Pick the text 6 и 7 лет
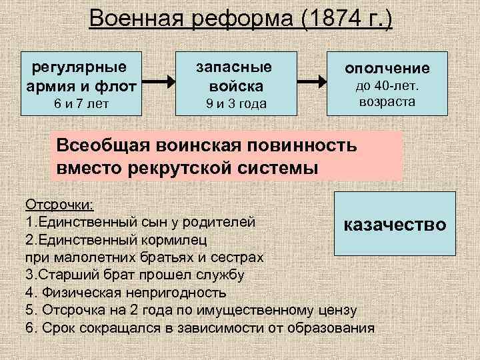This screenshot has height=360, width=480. (x=81, y=104)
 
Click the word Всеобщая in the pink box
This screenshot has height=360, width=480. (x=104, y=145)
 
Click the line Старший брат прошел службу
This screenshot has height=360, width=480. (x=134, y=274)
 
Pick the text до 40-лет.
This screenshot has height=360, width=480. (x=387, y=88)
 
